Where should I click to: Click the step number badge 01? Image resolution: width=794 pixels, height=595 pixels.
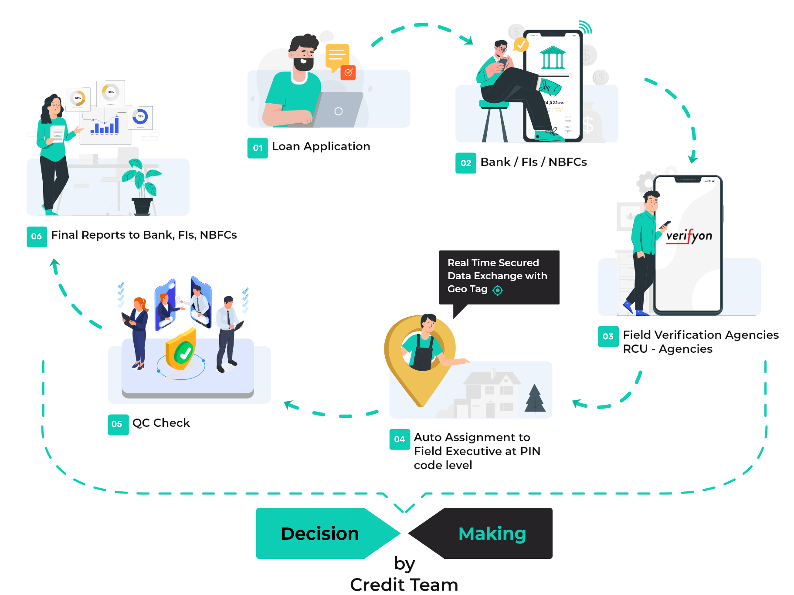258,148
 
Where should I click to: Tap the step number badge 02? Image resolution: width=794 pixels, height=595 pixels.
465,163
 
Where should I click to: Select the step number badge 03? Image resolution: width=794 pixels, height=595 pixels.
608,337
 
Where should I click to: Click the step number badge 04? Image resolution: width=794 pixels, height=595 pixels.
399,439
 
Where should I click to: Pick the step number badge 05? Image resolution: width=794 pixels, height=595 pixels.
118,424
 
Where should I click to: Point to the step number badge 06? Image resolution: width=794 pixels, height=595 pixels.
37,237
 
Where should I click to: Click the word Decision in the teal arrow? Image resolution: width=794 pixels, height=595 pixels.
319,534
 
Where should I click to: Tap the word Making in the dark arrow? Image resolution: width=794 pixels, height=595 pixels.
492,534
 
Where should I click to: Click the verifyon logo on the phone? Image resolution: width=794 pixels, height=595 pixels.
689,236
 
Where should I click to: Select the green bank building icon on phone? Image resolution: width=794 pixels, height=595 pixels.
553,57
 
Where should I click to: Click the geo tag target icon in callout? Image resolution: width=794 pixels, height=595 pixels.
498,290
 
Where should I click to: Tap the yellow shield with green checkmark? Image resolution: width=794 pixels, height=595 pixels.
182,351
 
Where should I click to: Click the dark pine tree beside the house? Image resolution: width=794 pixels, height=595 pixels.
535,399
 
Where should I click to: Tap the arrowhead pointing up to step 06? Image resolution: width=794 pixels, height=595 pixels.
55,264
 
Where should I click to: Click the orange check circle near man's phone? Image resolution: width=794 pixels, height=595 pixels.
521,44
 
